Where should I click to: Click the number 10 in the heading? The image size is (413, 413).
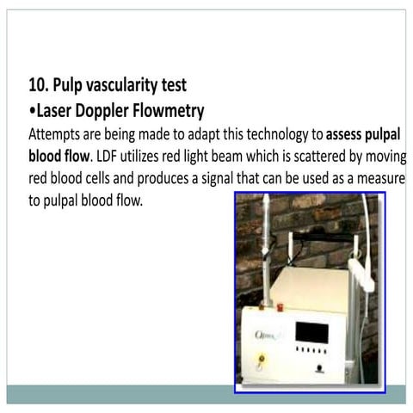pos(38,85)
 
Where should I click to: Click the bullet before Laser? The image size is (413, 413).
pos(33,111)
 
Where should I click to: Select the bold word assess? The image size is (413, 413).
pos(343,134)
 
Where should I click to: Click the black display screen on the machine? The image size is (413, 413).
pos(311,333)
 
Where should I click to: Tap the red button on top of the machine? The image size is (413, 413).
pos(280,307)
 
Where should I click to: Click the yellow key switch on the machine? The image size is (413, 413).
pos(262,359)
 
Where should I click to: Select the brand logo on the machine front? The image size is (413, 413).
pos(266,335)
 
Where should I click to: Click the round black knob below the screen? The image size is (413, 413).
pos(319,368)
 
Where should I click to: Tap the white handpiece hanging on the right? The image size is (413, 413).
pos(362,274)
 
